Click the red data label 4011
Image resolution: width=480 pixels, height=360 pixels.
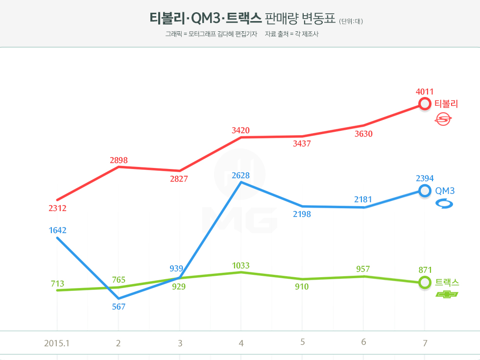click(x=425, y=92)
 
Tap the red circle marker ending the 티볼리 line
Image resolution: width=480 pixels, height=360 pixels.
click(x=425, y=104)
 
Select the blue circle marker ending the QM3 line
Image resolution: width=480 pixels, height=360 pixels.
click(x=425, y=191)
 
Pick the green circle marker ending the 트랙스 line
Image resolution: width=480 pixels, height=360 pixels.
click(x=425, y=283)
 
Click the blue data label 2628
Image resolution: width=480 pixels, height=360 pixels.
click(x=240, y=175)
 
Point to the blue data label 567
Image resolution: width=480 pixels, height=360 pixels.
click(x=119, y=307)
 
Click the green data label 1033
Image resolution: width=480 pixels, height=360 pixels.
click(x=240, y=266)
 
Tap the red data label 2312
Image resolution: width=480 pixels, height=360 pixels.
click(x=57, y=208)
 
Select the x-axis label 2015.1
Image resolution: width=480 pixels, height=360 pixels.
click(x=57, y=343)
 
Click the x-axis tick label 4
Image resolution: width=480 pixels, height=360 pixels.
click(x=241, y=343)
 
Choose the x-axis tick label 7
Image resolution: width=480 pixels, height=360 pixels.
click(x=425, y=343)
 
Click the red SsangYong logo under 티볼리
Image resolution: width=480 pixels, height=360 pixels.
click(x=444, y=119)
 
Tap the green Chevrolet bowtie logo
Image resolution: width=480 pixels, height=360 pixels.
click(x=447, y=294)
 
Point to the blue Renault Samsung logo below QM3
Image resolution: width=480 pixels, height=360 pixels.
click(x=444, y=204)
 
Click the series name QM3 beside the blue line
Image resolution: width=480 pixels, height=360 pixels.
click(x=445, y=191)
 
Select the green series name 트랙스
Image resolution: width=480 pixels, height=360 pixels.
click(x=447, y=283)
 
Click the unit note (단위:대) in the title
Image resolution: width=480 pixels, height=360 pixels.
click(x=351, y=21)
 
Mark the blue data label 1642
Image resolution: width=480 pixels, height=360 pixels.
click(x=57, y=230)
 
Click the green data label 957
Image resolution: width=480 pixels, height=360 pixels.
click(x=363, y=269)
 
